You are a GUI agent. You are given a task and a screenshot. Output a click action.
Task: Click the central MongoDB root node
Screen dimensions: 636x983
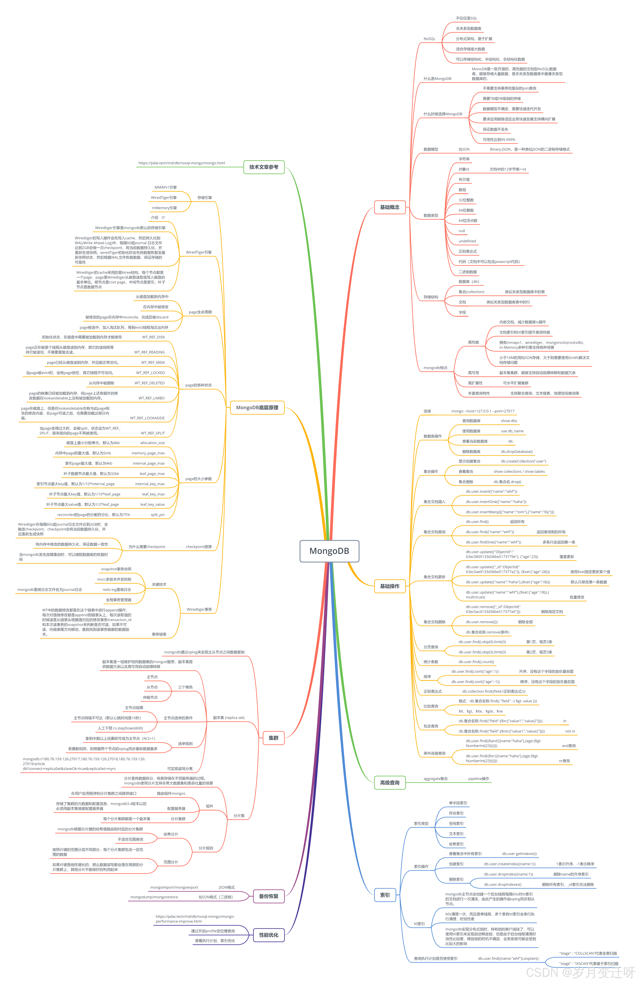pyautogui.click(x=329, y=551)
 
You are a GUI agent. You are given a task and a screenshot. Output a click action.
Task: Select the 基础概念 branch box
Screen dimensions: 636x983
pyautogui.click(x=389, y=207)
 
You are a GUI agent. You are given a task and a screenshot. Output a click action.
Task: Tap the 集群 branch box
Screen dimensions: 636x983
pyautogui.click(x=273, y=738)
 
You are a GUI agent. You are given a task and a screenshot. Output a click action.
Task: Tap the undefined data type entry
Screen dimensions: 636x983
pyautogui.click(x=467, y=241)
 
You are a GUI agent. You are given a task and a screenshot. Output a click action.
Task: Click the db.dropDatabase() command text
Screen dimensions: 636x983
pyautogui.click(x=517, y=451)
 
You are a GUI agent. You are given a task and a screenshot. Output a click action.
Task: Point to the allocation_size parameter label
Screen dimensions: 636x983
pyautogui.click(x=152, y=443)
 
